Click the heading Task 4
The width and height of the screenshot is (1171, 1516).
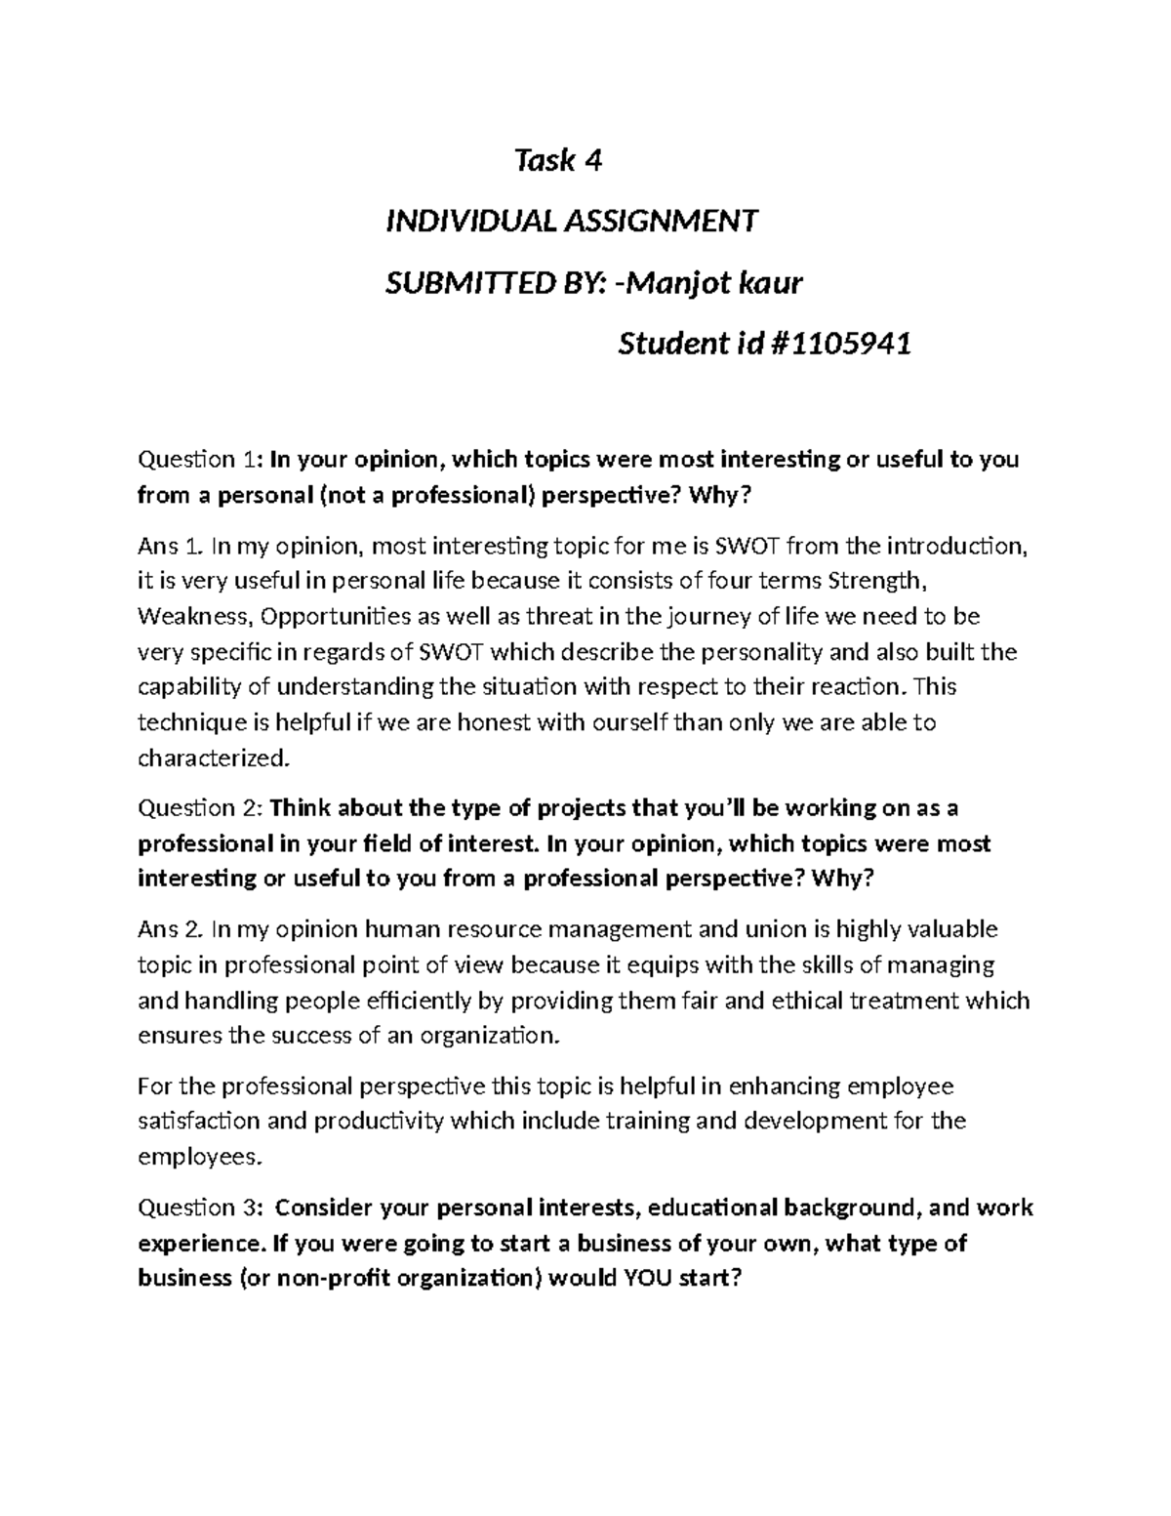click(558, 160)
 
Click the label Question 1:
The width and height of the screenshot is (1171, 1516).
click(200, 459)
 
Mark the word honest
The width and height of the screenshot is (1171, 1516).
click(495, 722)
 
